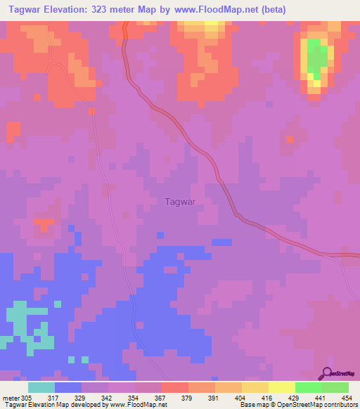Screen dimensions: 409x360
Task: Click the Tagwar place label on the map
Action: pyautogui.click(x=179, y=201)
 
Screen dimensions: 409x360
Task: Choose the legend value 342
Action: pyautogui.click(x=108, y=398)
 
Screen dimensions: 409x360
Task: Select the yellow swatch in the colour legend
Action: pyautogui.click(x=282, y=387)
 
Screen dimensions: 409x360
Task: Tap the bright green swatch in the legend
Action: pyautogui.click(x=309, y=387)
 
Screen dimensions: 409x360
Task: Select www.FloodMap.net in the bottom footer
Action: pyautogui.click(x=139, y=405)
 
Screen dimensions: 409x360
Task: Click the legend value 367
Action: pyautogui.click(x=160, y=398)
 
